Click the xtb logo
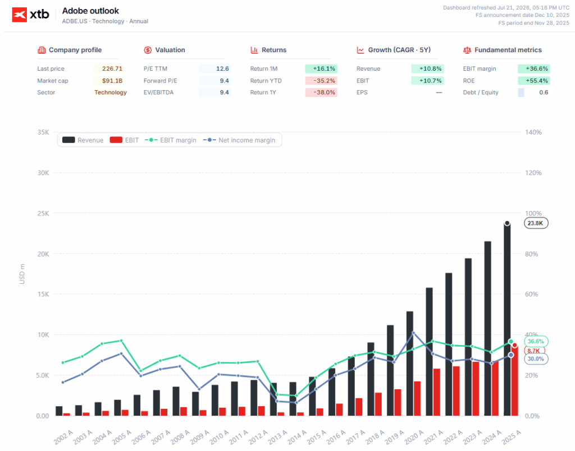click(30, 15)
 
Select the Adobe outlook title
click(90, 11)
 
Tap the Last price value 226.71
click(112, 68)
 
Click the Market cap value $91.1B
click(112, 81)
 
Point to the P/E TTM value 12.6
click(222, 68)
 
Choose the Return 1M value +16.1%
click(324, 68)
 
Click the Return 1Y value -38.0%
click(324, 93)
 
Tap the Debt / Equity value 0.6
click(544, 93)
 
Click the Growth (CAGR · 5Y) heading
click(399, 50)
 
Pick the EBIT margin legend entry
click(171, 140)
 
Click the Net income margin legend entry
click(239, 140)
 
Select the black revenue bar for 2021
click(429, 352)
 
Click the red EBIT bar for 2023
click(476, 389)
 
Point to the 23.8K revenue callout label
click(536, 223)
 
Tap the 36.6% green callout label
click(536, 342)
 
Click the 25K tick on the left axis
click(43, 213)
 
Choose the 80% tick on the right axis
click(531, 254)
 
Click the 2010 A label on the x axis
click(219, 437)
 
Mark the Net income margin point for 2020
click(414, 333)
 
